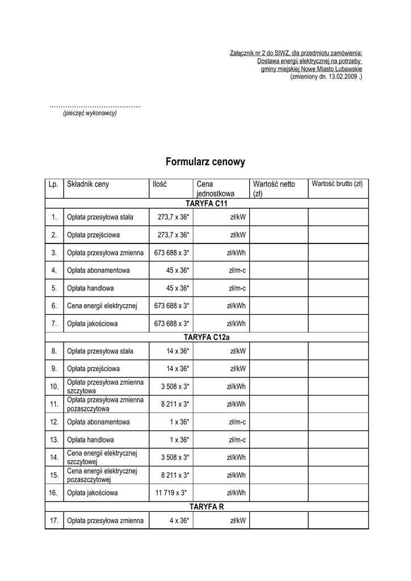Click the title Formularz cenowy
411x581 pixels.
205,162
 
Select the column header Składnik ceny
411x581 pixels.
88,184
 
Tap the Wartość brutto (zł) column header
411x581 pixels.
337,184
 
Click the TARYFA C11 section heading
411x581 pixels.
206,204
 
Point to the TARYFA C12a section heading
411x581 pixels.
206,338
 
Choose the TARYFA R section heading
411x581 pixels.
206,506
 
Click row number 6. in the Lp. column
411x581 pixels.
54,306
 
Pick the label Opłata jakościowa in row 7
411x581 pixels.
92,324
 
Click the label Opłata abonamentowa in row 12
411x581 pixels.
98,422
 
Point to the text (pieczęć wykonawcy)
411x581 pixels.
90,113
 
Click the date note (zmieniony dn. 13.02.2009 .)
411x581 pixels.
326,76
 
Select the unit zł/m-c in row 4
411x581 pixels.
237,271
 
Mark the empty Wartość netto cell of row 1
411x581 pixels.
278,217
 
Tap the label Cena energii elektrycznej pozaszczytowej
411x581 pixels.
102,475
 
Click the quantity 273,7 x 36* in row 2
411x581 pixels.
173,235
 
